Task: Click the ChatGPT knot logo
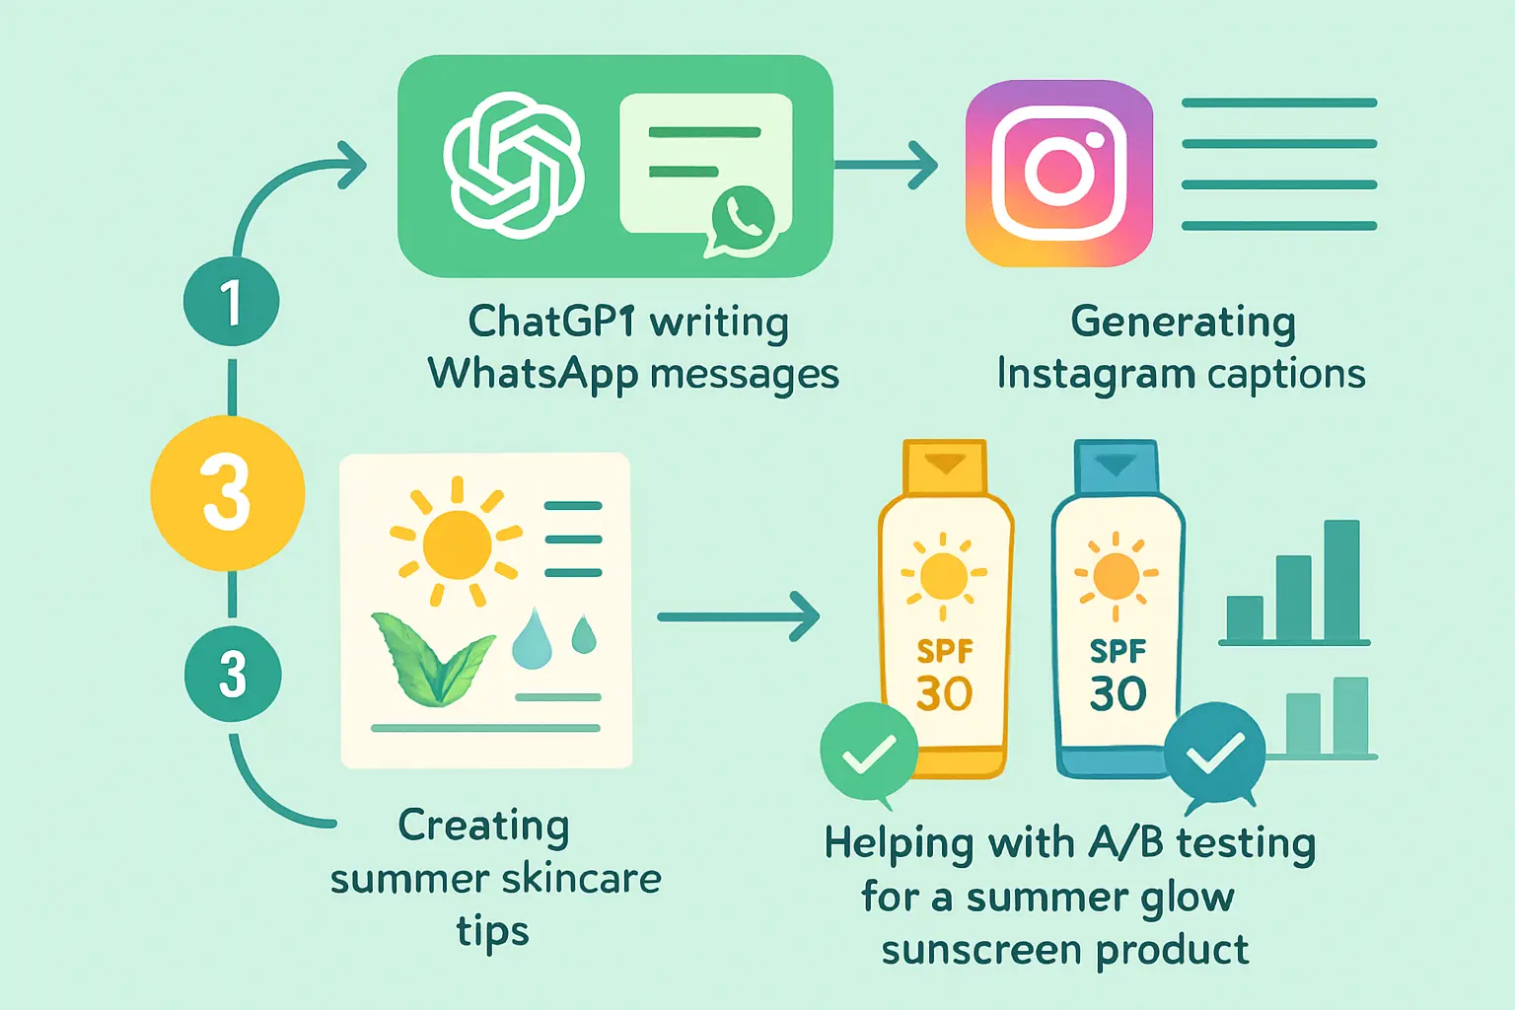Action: tap(513, 165)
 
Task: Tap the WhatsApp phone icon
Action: tap(743, 217)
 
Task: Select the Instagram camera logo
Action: tap(1059, 173)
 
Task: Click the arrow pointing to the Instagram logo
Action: tap(888, 164)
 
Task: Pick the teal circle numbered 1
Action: tap(231, 301)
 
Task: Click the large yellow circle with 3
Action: tap(228, 493)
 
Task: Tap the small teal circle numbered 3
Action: tap(233, 674)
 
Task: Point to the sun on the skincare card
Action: tap(456, 543)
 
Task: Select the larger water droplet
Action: tap(532, 640)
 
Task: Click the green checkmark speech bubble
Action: tap(869, 753)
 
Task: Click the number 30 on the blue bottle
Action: tap(1118, 693)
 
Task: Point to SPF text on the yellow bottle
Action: tap(944, 651)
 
